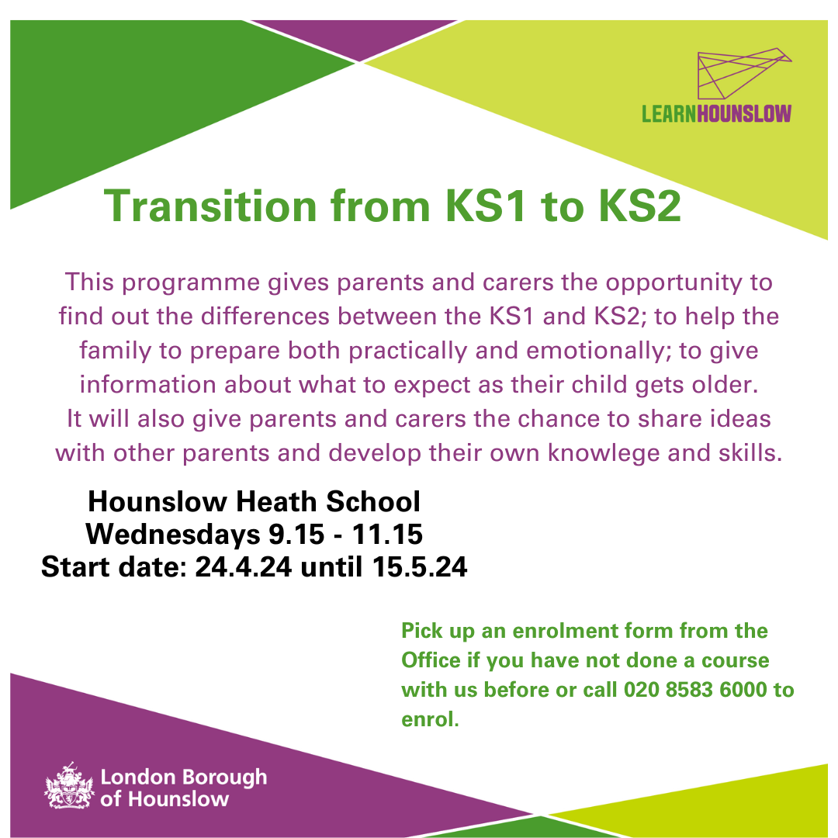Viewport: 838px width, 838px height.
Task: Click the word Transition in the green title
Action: (x=210, y=206)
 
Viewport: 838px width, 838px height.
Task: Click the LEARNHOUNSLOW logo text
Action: (x=716, y=114)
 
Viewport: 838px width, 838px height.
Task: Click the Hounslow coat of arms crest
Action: (x=69, y=785)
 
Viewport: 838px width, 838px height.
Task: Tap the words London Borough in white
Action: (x=184, y=777)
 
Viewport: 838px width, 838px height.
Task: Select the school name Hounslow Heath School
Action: (x=254, y=502)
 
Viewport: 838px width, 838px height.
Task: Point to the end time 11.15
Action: (x=387, y=534)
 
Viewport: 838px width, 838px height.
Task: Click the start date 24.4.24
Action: (x=243, y=566)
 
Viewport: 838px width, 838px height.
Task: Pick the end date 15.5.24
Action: (x=420, y=566)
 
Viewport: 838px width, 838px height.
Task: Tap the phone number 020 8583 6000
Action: (x=694, y=690)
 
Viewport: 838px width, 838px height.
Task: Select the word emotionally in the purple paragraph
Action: (x=598, y=351)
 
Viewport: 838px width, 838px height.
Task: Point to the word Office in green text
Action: (x=431, y=660)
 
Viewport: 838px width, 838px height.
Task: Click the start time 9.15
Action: (x=296, y=534)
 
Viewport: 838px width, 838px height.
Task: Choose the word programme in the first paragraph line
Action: (x=191, y=282)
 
